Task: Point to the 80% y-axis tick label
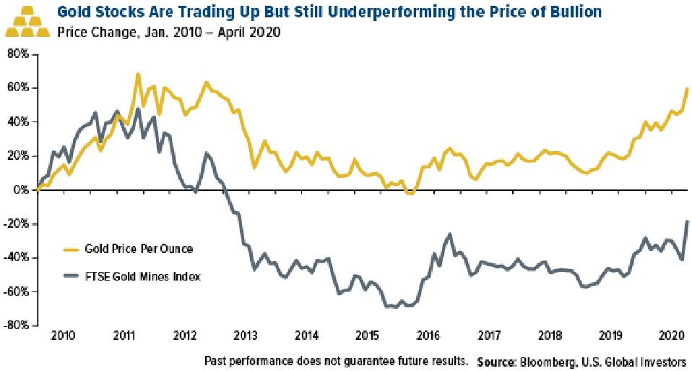[x=17, y=54]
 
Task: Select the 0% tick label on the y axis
[x=22, y=189]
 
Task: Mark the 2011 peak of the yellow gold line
[x=138, y=74]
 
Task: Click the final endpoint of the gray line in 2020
[x=687, y=221]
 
